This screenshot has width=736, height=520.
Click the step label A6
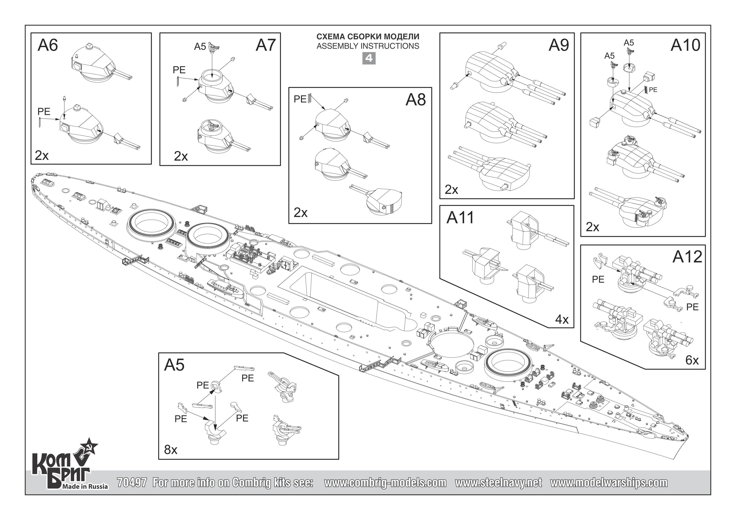pos(48,45)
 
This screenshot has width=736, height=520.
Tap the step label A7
pos(266,45)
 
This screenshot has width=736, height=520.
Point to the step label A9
pos(559,45)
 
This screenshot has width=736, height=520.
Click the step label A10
pos(685,45)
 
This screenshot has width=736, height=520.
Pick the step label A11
pos(460,218)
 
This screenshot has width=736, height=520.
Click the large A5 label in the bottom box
pos(174,365)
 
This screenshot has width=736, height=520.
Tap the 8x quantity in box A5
pos(171,450)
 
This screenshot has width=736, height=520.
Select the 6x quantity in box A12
pos(692,360)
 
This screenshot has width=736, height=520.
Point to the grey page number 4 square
pos(369,58)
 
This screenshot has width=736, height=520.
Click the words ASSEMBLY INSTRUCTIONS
pos(368,46)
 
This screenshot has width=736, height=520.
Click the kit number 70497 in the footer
pos(132,482)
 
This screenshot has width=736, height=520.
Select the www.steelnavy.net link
pos(498,482)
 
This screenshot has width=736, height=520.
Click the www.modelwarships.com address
pos(609,482)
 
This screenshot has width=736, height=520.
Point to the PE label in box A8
pos(300,99)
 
